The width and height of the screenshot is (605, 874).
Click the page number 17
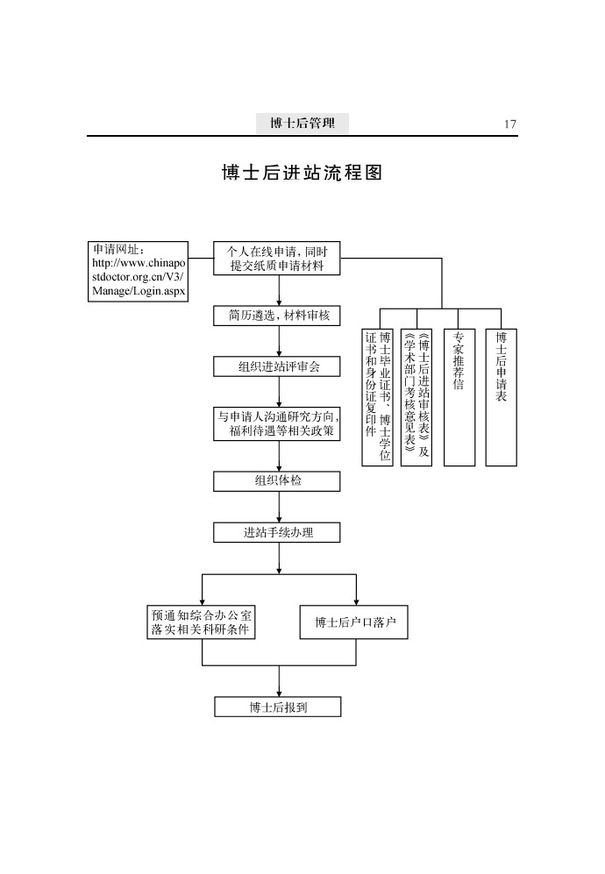509,124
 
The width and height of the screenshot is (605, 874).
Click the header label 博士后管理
302,124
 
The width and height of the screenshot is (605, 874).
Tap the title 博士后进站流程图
302,172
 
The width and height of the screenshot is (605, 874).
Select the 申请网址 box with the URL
138,272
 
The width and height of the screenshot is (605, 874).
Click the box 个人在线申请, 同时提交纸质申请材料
276,259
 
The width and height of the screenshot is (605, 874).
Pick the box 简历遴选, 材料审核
276,316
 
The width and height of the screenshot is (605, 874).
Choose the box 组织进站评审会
276,366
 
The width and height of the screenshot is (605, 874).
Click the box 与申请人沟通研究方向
276,424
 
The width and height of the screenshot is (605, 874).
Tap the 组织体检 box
276,481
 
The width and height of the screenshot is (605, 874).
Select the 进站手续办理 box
276,532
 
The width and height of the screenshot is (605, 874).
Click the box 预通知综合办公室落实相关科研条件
202,622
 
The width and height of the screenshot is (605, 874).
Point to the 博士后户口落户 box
354,622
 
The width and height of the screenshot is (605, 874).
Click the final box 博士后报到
278,707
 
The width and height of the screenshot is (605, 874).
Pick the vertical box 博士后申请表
502,397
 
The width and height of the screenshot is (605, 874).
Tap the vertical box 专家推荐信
459,397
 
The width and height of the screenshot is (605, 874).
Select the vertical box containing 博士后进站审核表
416,397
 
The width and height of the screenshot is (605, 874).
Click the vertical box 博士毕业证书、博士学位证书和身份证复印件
378,397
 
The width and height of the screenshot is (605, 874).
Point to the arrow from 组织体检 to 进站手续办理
279,508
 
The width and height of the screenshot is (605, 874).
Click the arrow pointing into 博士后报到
279,681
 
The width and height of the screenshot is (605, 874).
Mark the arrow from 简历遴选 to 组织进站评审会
279,342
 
